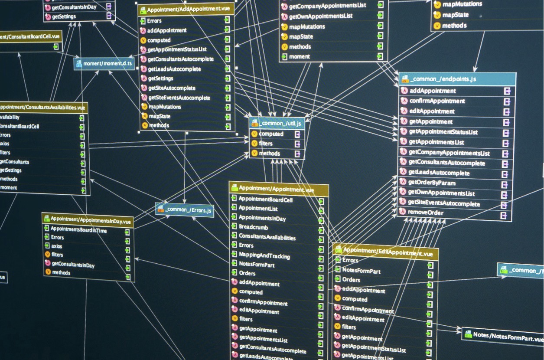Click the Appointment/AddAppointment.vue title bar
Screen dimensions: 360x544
coord(186,9)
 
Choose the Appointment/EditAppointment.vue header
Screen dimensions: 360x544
coord(386,252)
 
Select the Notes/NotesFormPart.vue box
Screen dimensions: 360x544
coord(503,335)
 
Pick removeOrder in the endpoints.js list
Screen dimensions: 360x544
coord(426,213)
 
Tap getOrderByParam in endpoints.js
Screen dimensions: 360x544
coord(432,183)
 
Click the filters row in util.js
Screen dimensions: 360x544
coord(266,144)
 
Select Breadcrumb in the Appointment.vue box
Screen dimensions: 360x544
coord(253,227)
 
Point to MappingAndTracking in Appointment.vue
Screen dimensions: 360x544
coord(264,255)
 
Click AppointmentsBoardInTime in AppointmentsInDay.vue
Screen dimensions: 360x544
coord(78,230)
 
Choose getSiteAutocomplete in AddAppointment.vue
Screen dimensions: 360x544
coord(172,88)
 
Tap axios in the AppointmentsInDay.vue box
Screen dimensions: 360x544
coord(56,246)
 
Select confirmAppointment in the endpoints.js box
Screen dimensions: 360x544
coord(437,101)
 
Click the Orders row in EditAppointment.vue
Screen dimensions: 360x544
coord(351,280)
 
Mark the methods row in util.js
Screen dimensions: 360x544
coord(269,154)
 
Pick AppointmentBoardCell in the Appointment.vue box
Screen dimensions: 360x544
coord(265,200)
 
